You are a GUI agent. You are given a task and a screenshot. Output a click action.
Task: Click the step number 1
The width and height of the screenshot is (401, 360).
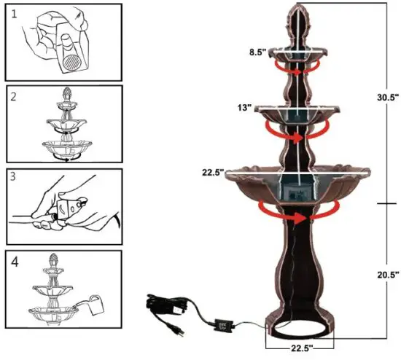(x=16, y=15)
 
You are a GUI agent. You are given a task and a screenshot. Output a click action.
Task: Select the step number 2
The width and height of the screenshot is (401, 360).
(x=16, y=95)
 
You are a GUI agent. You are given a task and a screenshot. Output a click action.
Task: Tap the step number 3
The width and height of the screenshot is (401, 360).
(x=15, y=178)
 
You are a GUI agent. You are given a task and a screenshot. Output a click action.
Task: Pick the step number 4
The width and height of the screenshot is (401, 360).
(x=15, y=262)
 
